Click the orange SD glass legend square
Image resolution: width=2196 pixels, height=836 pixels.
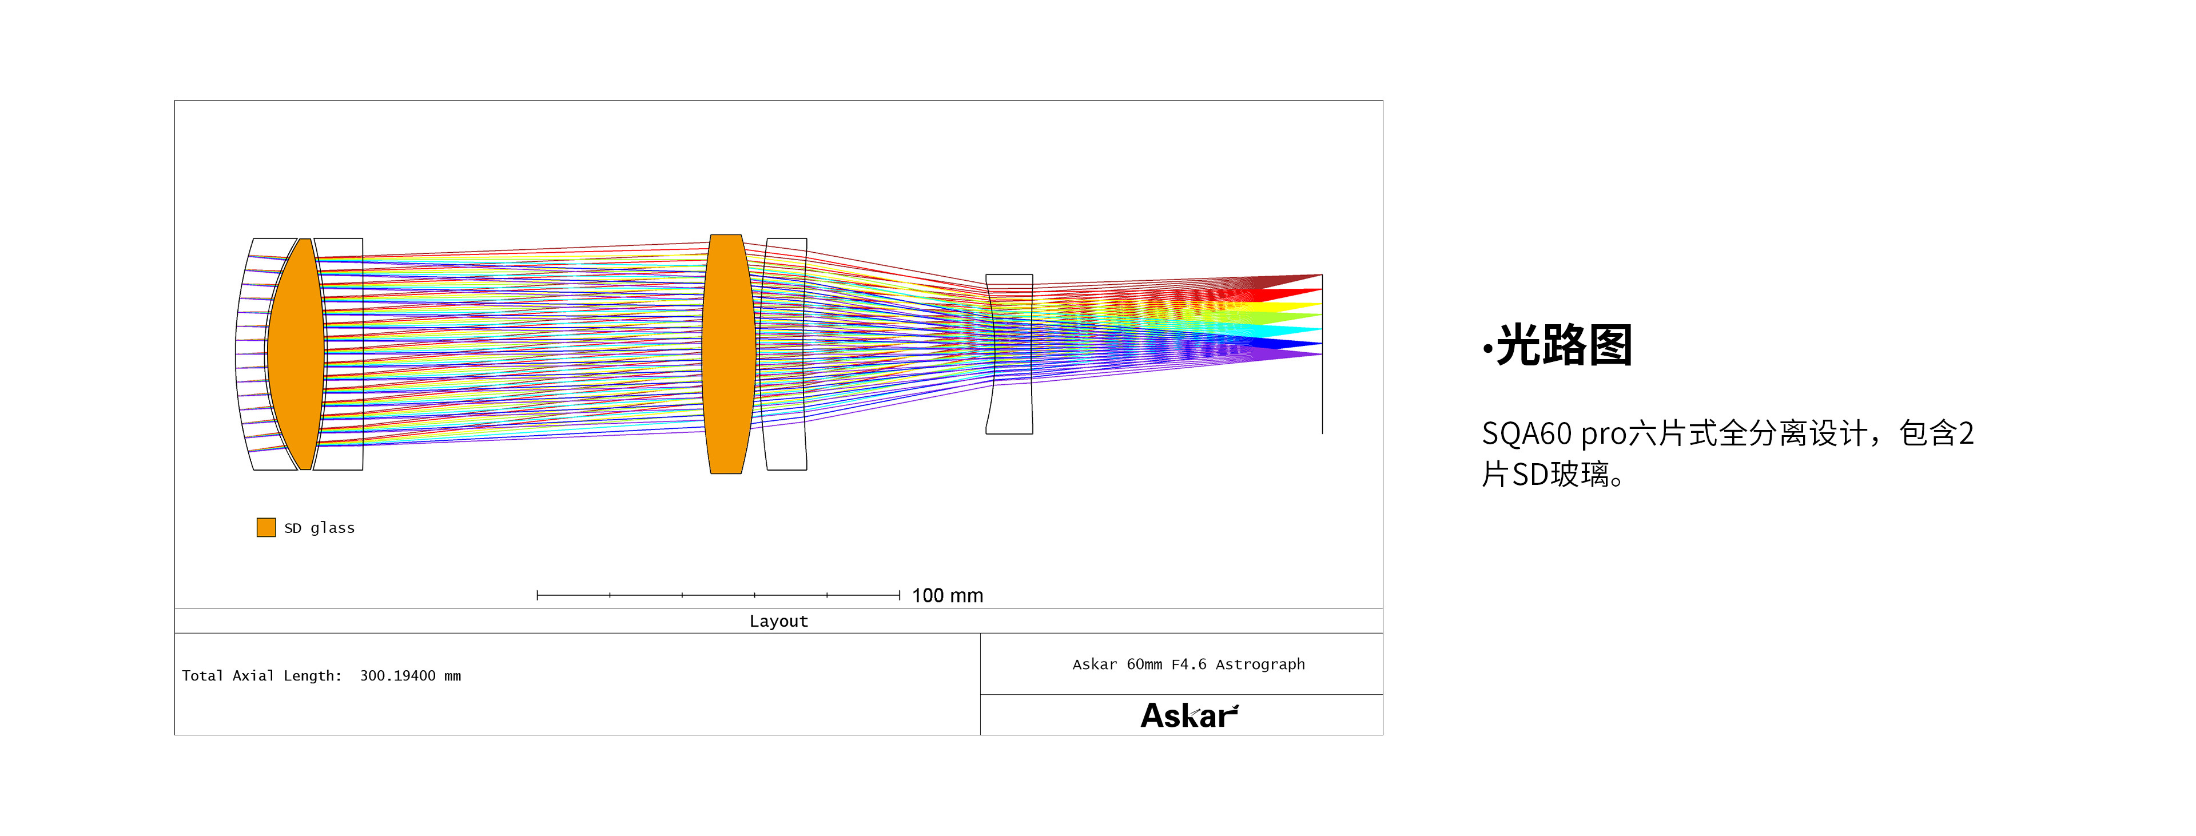(266, 528)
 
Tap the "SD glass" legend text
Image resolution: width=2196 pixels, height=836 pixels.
(320, 528)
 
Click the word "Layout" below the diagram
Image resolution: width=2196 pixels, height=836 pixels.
(778, 621)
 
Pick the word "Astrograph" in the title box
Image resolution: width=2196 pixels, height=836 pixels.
(1260, 664)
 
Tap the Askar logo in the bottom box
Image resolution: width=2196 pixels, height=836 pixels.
(1189, 715)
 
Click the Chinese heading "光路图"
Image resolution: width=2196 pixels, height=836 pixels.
(1564, 345)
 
